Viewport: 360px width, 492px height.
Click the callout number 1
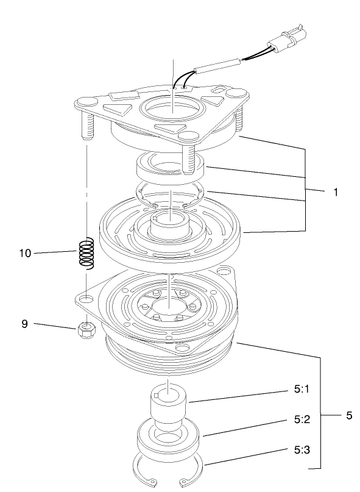point(335,191)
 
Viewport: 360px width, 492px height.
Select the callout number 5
point(348,416)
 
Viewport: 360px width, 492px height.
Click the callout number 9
point(25,324)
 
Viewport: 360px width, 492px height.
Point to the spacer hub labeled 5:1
point(169,405)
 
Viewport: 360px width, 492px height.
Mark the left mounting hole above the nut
point(86,299)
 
